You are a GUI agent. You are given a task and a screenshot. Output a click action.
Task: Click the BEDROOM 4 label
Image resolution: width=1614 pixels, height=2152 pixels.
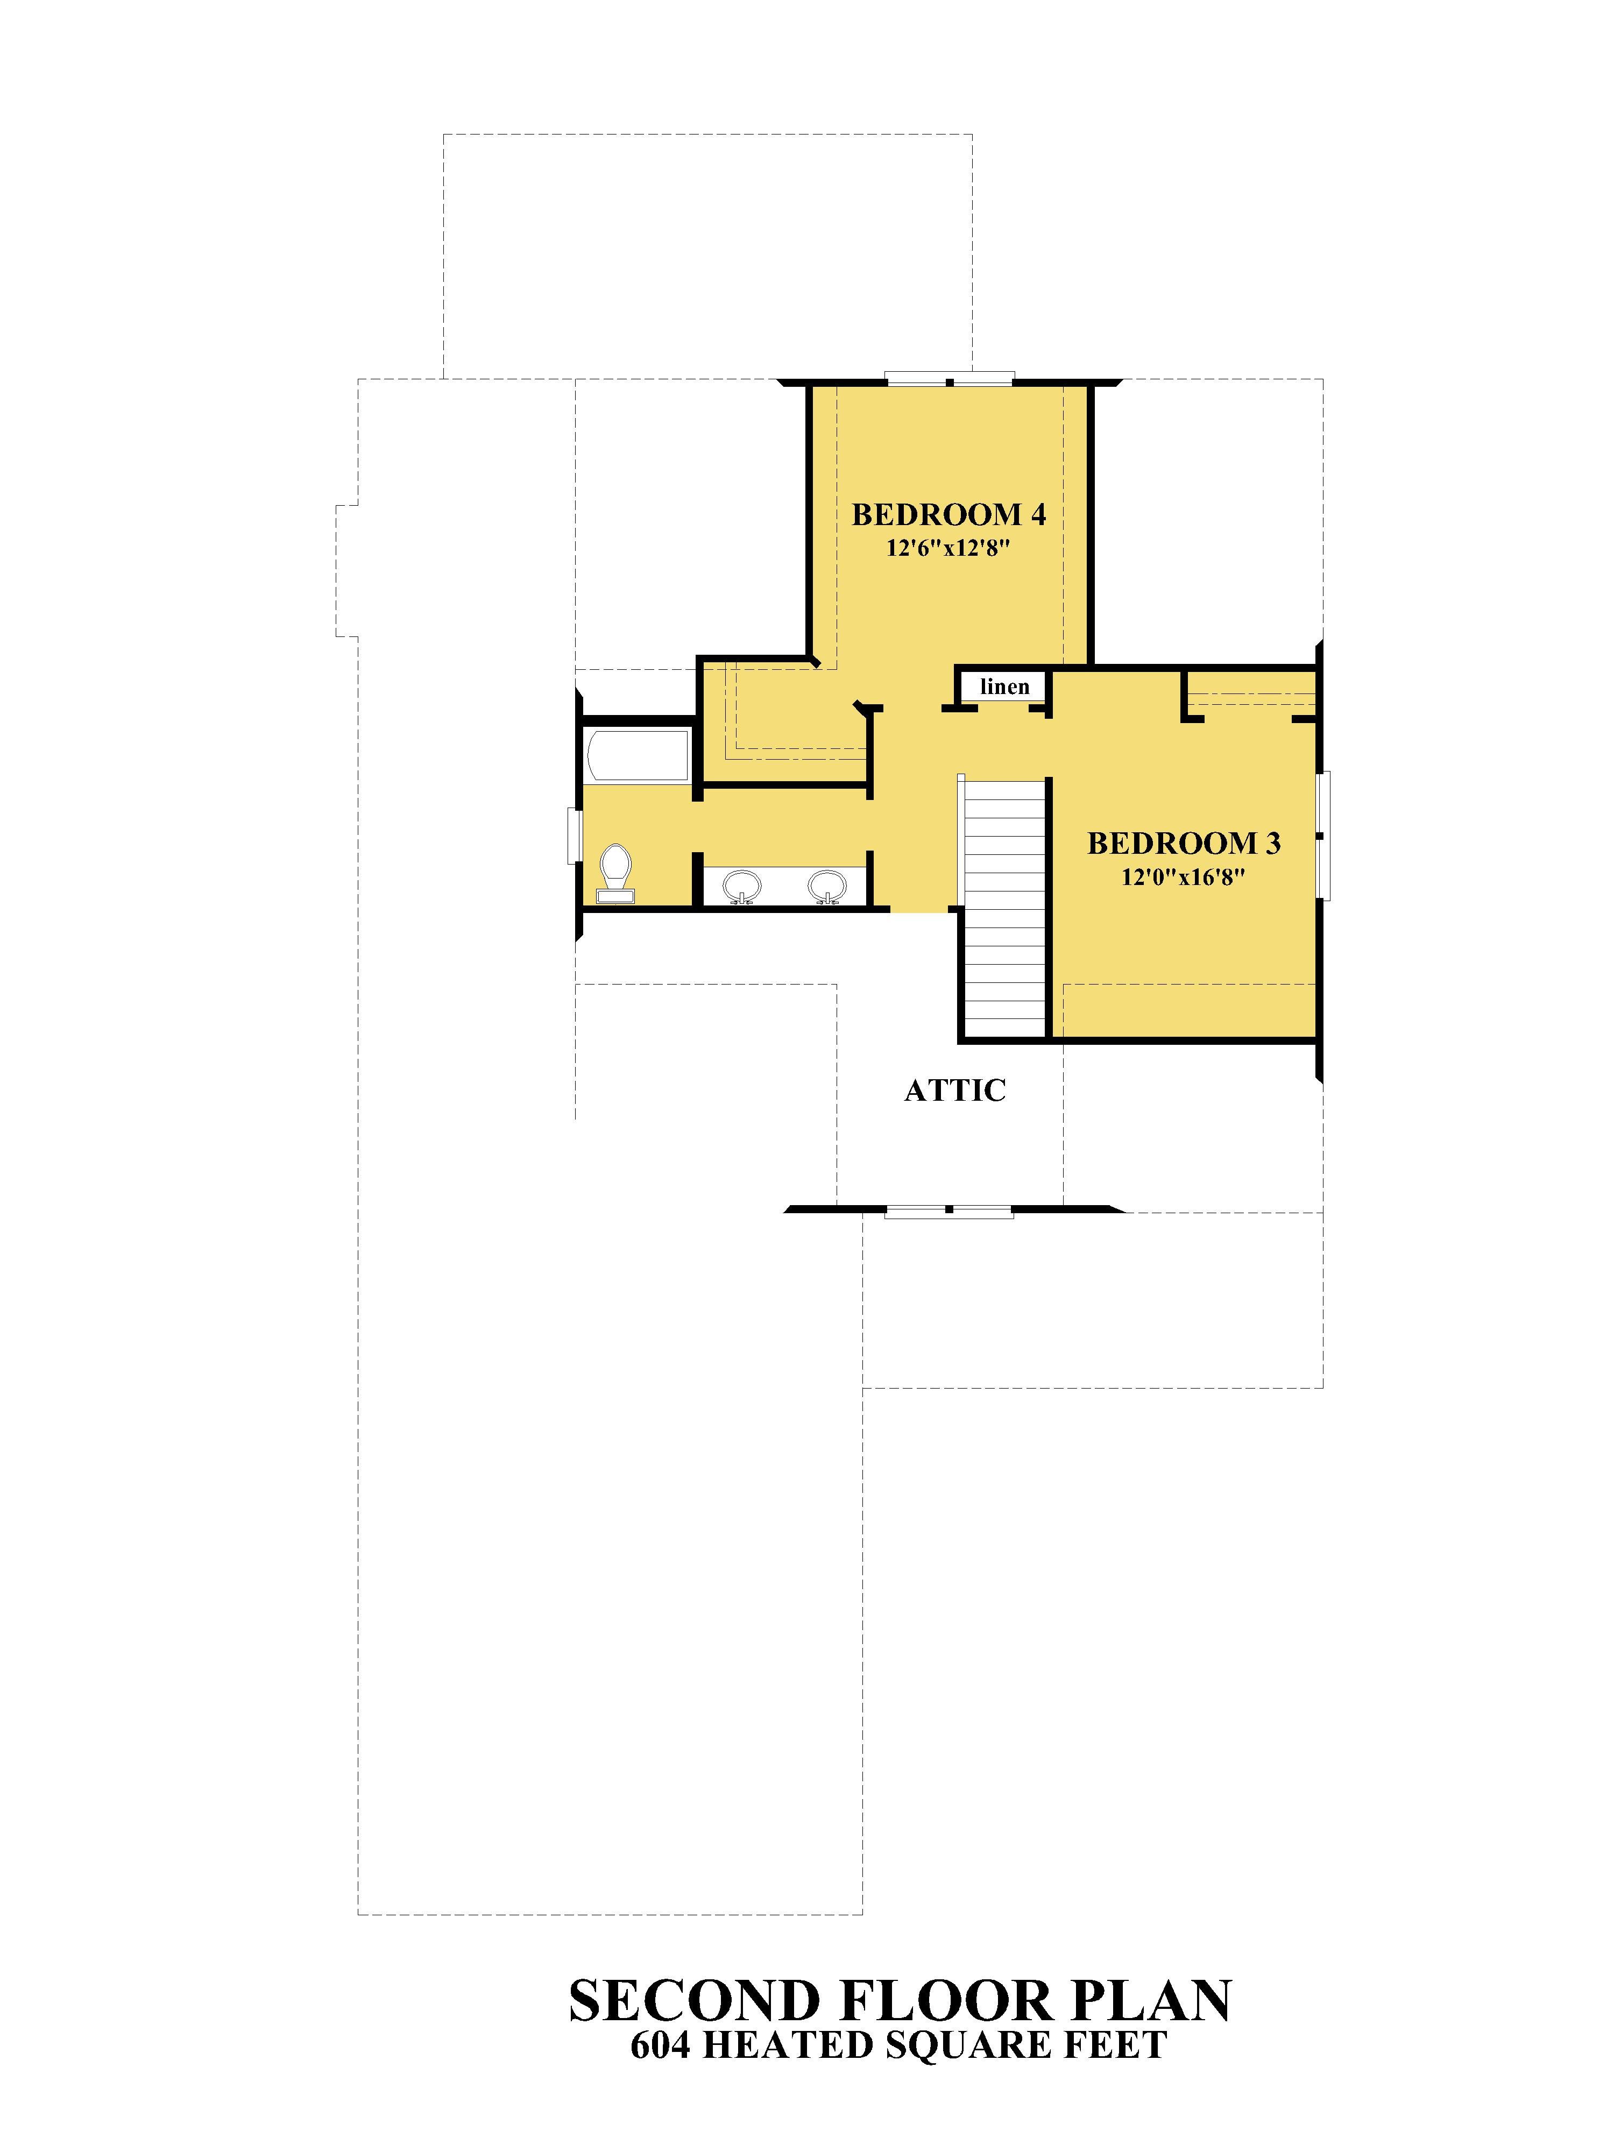tap(948, 515)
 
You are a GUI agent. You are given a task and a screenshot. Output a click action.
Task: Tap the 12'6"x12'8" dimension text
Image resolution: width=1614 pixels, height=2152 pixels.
tap(947, 549)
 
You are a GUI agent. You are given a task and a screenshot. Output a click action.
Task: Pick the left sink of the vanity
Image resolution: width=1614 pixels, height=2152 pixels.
tap(742, 886)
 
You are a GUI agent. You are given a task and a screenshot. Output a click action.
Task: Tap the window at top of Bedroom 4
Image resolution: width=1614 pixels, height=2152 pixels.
tap(950, 379)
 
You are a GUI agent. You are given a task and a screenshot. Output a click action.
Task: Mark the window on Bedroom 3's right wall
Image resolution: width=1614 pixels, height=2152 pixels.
tap(1323, 836)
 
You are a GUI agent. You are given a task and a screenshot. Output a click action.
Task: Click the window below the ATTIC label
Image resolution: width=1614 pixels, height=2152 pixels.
tap(950, 1211)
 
